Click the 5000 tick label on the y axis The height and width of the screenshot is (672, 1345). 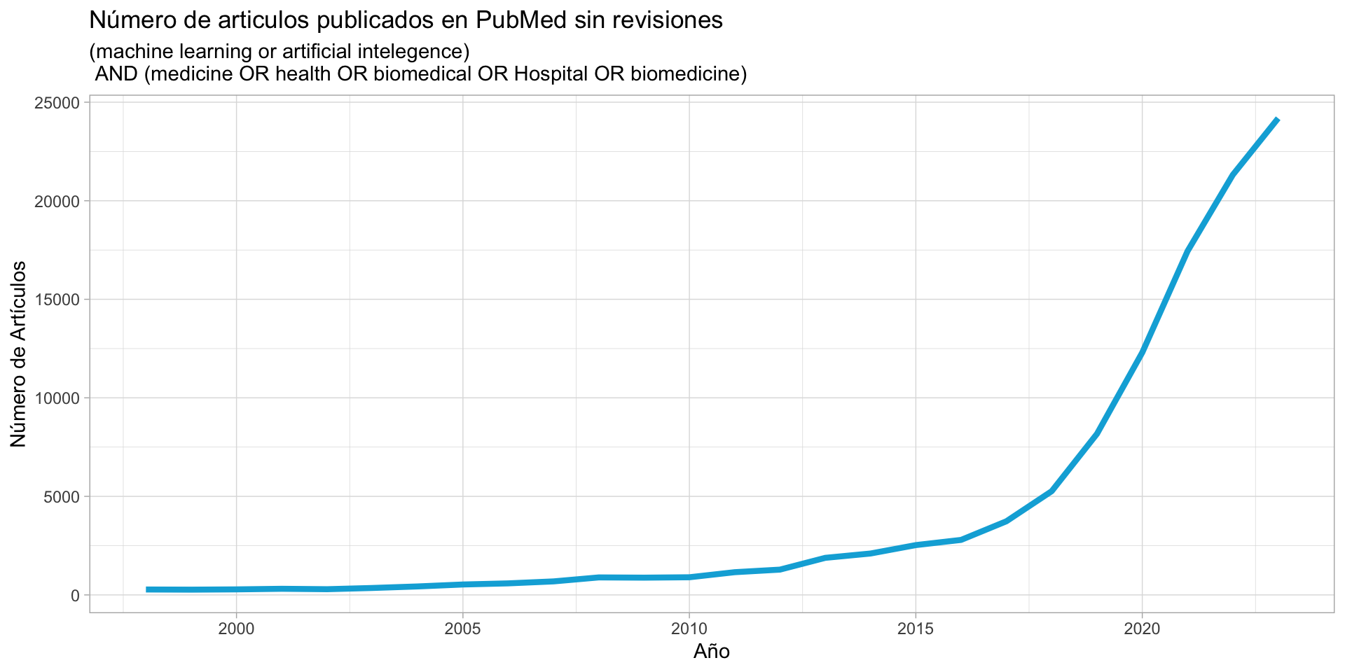[x=62, y=497]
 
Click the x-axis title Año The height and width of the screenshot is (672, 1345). [x=712, y=652]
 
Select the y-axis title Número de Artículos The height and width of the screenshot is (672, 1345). [x=19, y=354]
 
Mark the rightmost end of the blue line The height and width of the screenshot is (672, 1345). [x=1278, y=120]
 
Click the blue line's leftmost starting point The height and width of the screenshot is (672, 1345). [x=146, y=589]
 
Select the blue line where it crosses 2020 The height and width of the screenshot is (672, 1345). [x=1142, y=351]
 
